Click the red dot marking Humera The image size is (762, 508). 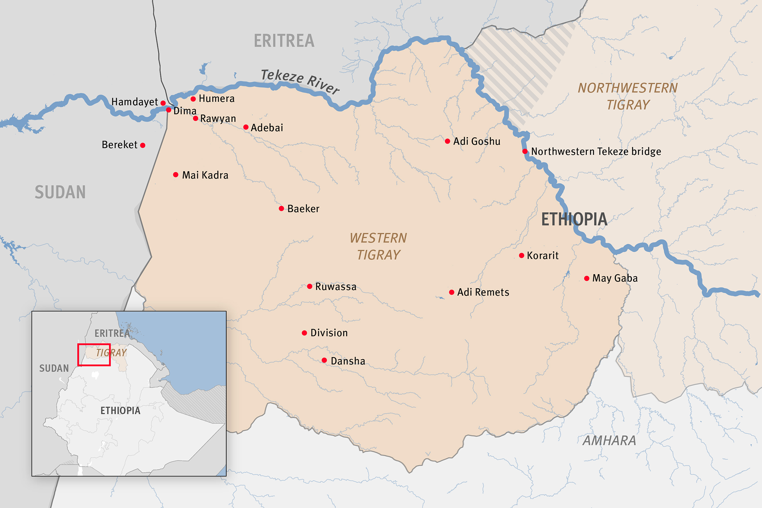[193, 99]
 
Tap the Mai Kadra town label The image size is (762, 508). [205, 175]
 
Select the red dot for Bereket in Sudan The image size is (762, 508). [142, 145]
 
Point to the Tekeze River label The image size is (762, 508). [300, 81]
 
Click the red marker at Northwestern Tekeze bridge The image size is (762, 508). [525, 152]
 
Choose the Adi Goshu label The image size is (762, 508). [477, 141]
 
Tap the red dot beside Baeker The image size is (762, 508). [281, 208]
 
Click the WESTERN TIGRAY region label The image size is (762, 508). [378, 246]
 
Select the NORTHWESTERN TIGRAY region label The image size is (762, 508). [628, 96]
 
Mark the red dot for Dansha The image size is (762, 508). [324, 360]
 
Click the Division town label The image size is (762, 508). [329, 333]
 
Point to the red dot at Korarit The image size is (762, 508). [522, 256]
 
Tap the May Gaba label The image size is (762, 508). [615, 278]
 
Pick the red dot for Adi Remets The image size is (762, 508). [451, 292]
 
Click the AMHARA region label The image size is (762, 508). [609, 441]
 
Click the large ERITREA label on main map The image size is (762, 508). [284, 41]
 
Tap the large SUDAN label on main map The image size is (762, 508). [60, 192]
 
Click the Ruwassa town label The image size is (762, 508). [336, 287]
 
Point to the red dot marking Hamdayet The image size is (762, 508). [163, 103]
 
